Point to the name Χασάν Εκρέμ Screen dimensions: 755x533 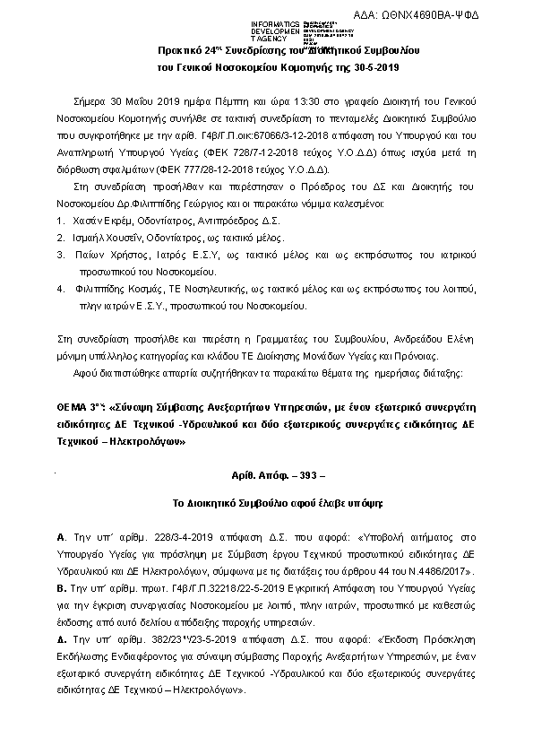click(x=98, y=219)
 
